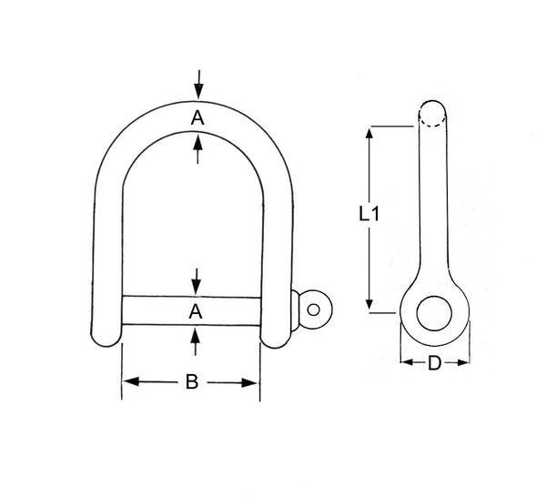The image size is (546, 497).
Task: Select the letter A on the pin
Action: tap(195, 311)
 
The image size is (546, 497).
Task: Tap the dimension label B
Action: tap(192, 382)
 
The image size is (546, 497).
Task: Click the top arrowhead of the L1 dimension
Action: tap(369, 133)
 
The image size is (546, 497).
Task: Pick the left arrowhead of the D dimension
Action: tap(406, 363)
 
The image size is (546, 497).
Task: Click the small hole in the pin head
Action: tap(314, 309)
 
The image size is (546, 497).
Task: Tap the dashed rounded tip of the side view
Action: tap(433, 113)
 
